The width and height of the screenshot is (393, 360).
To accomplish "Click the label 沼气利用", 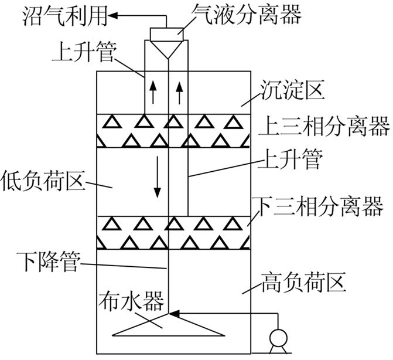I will coord(55,16).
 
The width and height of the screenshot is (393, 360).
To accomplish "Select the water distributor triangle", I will coord(169,325).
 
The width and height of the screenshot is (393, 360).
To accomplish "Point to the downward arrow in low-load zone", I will coord(157,185).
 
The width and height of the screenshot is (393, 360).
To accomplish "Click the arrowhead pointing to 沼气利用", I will coord(116,16).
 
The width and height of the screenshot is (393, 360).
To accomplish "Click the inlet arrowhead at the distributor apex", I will coord(174,315).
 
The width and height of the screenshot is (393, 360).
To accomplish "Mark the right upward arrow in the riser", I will coord(179,91).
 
